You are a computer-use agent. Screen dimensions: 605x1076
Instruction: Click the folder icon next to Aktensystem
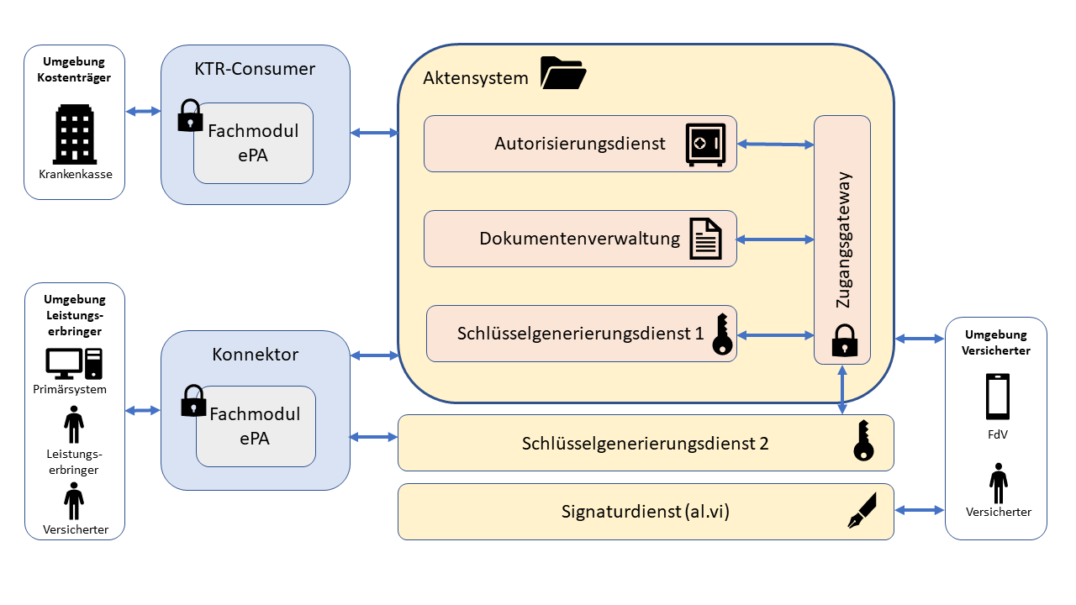pyautogui.click(x=562, y=73)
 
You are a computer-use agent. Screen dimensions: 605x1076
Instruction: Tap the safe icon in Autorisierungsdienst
pyautogui.click(x=704, y=144)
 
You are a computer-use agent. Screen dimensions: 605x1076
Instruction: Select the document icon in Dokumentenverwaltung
pyautogui.click(x=706, y=238)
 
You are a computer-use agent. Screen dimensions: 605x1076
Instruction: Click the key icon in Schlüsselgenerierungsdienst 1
pyautogui.click(x=721, y=334)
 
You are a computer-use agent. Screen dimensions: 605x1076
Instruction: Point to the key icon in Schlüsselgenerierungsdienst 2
pyautogui.click(x=863, y=441)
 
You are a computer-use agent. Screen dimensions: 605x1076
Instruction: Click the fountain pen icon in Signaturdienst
pyautogui.click(x=862, y=510)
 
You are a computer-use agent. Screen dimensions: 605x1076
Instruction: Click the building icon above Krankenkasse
pyautogui.click(x=74, y=134)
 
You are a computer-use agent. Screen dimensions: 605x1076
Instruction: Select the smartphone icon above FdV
pyautogui.click(x=997, y=397)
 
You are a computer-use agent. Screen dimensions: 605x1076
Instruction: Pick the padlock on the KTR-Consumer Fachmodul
pyautogui.click(x=191, y=116)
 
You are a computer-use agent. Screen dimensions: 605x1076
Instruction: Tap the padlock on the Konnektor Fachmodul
pyautogui.click(x=193, y=401)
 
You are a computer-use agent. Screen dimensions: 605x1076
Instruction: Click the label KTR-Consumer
pyautogui.click(x=255, y=69)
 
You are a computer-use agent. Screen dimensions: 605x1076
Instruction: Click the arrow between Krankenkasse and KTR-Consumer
pyautogui.click(x=142, y=111)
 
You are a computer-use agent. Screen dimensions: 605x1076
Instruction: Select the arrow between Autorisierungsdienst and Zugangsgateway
pyautogui.click(x=775, y=145)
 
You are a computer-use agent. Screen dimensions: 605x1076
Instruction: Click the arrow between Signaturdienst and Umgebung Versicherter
pyautogui.click(x=919, y=510)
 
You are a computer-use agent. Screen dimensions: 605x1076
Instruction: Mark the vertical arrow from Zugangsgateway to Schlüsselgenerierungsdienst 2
pyautogui.click(x=842, y=389)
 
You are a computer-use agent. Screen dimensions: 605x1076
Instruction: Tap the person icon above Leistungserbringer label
pyautogui.click(x=74, y=424)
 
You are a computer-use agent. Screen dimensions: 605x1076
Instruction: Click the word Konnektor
pyautogui.click(x=255, y=355)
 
